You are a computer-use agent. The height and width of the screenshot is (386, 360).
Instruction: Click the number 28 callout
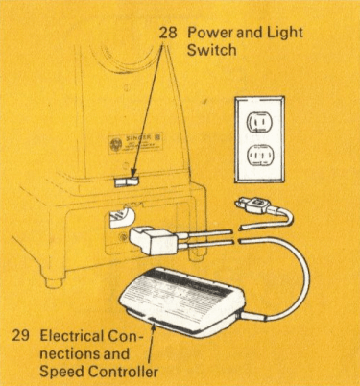tap(168, 33)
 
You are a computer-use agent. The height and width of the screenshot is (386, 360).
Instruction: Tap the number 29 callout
tap(21, 336)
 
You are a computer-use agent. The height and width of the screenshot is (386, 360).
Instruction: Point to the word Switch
tap(211, 50)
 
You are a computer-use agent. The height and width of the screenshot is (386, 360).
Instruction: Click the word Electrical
tap(72, 336)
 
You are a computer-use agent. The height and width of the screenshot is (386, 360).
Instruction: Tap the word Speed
tap(61, 372)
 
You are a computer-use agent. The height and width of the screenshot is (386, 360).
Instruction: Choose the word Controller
tap(123, 372)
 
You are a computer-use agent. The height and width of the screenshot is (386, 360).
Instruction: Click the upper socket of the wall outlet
tap(260, 122)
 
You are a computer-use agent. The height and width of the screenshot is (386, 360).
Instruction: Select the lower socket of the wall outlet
tap(260, 157)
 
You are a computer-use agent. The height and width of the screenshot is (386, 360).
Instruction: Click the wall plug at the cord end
tap(253, 204)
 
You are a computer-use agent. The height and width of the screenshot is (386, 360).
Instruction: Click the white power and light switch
tap(126, 181)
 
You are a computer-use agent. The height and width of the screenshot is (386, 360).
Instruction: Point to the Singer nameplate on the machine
tap(135, 143)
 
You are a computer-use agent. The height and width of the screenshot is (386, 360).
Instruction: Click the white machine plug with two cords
tap(154, 240)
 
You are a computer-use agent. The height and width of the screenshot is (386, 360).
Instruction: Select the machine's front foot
tap(55, 281)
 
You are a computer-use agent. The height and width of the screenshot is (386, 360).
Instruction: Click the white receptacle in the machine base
tap(121, 218)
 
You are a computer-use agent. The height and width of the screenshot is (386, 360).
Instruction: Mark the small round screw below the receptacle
tap(122, 237)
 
